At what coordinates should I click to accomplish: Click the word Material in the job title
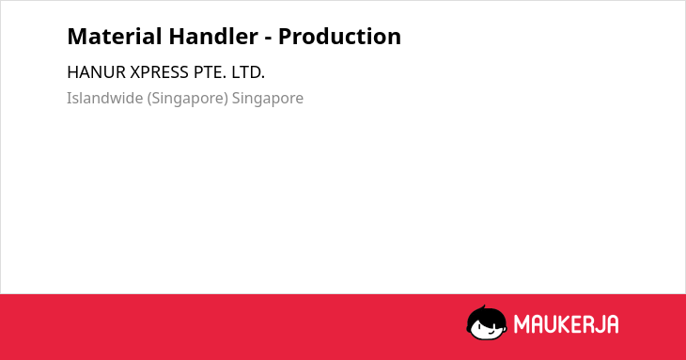point(115,37)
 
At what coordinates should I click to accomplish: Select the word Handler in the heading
point(213,37)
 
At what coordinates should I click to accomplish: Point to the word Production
point(339,37)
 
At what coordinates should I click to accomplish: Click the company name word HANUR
point(96,72)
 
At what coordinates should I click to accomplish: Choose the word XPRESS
point(160,72)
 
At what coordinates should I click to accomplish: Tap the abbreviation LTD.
point(248,72)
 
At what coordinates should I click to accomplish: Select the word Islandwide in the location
point(104,98)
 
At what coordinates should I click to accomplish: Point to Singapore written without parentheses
point(267,99)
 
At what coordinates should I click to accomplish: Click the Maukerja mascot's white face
point(488,328)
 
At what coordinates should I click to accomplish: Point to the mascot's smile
point(491,333)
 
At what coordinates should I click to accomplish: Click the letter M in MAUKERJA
point(522,324)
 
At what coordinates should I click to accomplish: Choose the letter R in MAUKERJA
point(588,324)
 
